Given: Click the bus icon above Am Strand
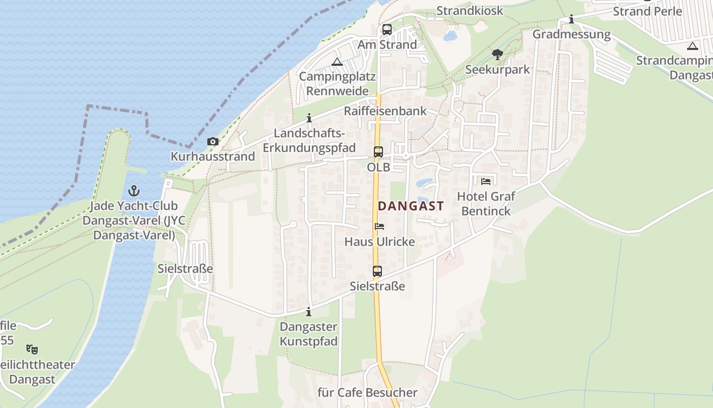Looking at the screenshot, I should point(387,30).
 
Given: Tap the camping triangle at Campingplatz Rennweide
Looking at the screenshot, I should point(337,62).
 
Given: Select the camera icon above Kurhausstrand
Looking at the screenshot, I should point(212,142).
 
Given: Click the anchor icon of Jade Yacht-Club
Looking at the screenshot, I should point(134,191).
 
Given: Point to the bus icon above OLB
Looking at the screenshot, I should point(378,151).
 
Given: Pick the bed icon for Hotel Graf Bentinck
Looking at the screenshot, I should point(486,181).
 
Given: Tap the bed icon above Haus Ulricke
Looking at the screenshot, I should point(379,226).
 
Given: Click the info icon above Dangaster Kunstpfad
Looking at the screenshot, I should point(308,312).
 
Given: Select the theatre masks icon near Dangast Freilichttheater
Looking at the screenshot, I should point(32,349).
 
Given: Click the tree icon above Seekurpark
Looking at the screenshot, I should point(498,54).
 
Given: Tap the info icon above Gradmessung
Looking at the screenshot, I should point(571,20).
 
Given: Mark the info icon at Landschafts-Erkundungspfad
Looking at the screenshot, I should point(309,118).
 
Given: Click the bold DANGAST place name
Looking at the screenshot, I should point(411,206).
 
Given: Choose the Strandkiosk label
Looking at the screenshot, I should point(470,11).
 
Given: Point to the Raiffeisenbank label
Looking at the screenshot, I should point(385,111).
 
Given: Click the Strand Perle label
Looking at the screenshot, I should point(647,11).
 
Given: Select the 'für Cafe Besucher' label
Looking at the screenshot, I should point(367,393).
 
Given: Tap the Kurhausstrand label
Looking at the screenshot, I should point(213,157).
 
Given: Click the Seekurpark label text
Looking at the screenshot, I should point(498,69).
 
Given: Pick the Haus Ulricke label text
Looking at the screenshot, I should point(379,242).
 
